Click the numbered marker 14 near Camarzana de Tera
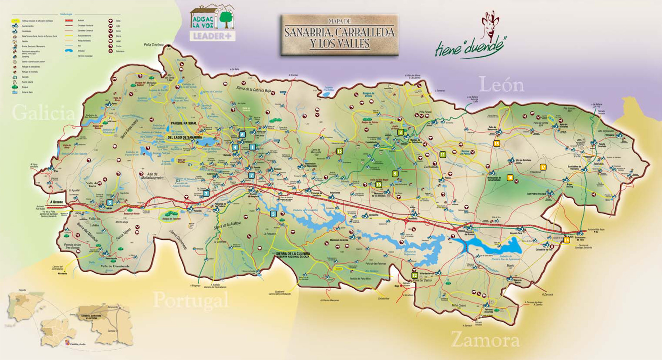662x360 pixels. tap(567, 240)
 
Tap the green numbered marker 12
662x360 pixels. tap(415, 275)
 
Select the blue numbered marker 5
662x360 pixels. tap(273, 214)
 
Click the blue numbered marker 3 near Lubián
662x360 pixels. tap(110, 203)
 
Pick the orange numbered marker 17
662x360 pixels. tap(543, 167)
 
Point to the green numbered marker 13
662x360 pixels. tap(339, 151)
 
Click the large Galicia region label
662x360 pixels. tap(44, 113)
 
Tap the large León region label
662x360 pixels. tap(501, 85)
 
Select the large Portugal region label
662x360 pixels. tap(191, 299)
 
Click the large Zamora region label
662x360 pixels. tap(485, 339)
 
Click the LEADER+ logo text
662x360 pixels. tap(213, 36)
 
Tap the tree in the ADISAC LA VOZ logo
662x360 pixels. tap(226, 19)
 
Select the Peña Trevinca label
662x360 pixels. tap(153, 45)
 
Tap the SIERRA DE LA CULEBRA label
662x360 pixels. tap(293, 254)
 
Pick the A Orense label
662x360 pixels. tap(56, 202)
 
